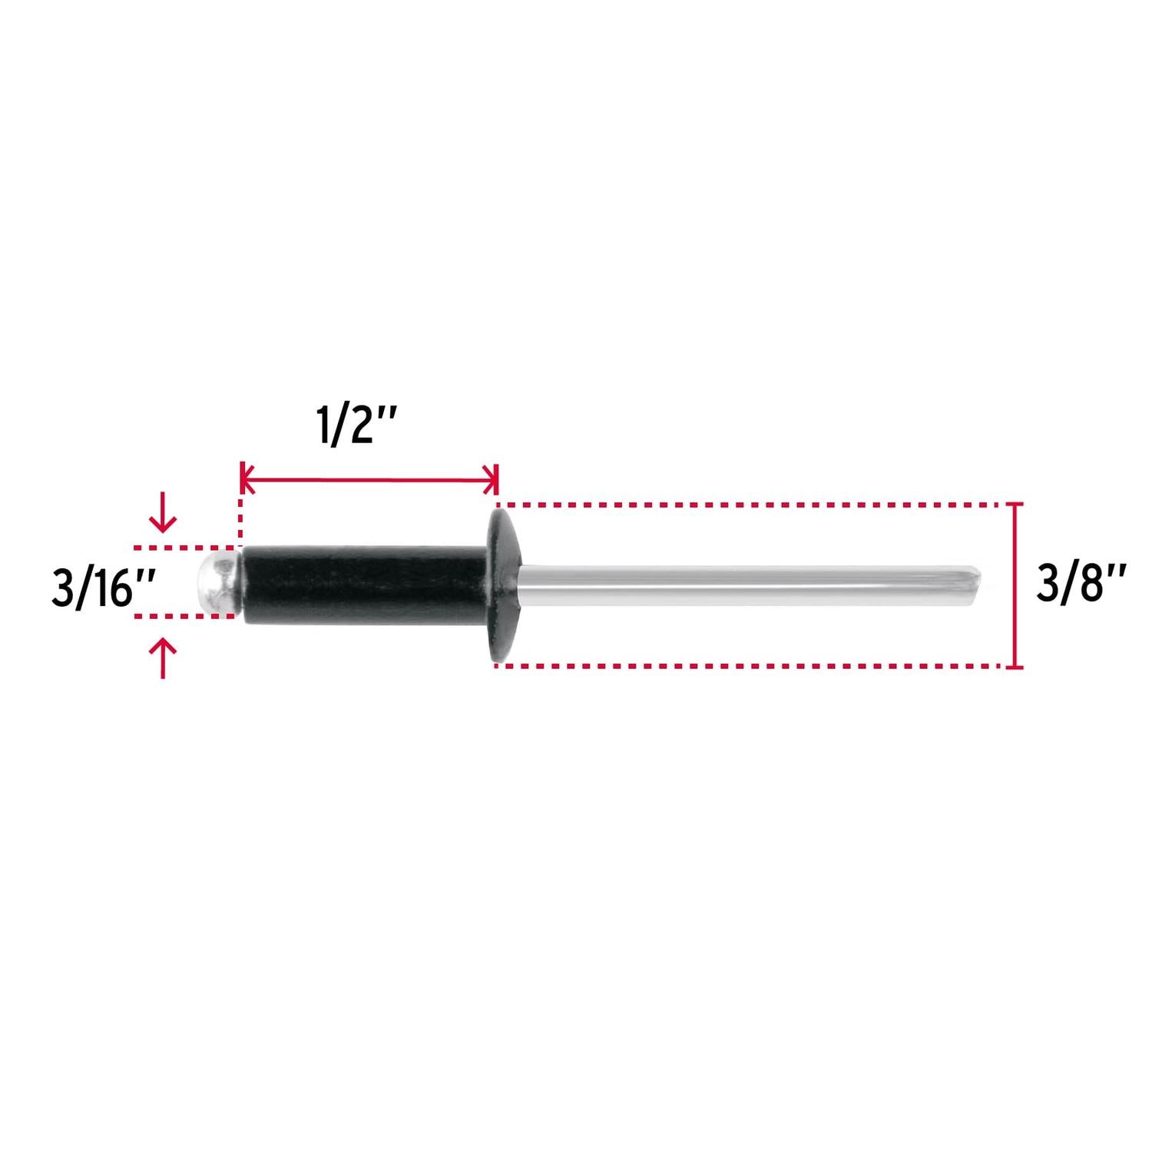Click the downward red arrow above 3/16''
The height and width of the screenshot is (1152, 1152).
click(163, 513)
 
